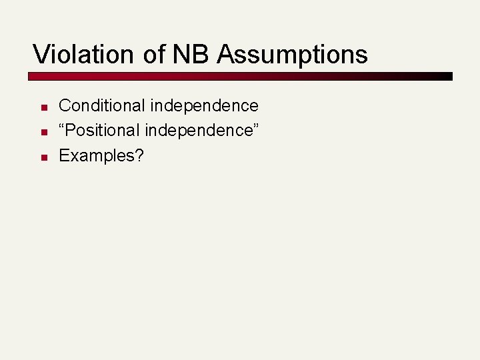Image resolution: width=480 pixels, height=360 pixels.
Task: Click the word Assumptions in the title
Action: [x=292, y=55]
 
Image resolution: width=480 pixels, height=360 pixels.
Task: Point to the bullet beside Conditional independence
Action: [x=42, y=107]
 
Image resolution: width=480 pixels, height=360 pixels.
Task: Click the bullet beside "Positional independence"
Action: [x=42, y=132]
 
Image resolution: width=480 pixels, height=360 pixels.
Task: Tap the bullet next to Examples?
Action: [x=42, y=157]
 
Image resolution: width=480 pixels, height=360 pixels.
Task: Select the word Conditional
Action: [x=102, y=105]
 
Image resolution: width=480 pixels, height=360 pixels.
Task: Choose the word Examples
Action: [x=97, y=156]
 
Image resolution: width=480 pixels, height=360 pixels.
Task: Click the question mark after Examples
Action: [x=139, y=156]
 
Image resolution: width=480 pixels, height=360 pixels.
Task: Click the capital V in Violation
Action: [x=40, y=54]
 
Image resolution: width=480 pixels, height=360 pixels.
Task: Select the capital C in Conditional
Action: [x=65, y=105]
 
